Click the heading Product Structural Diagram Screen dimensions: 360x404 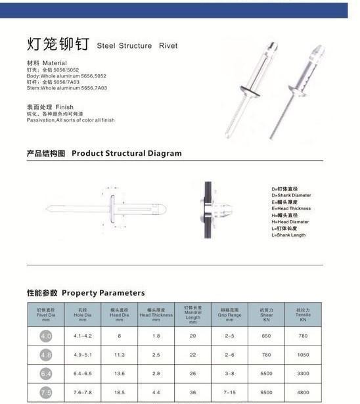(x=126, y=153)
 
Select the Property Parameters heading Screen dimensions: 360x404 (x=103, y=292)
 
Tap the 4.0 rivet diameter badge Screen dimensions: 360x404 (x=46, y=336)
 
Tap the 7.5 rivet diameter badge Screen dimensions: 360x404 (x=46, y=393)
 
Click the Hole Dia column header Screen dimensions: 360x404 (x=83, y=313)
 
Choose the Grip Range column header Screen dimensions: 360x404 (x=230, y=313)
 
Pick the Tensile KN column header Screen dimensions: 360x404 (x=303, y=313)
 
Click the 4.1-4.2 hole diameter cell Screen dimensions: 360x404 (x=83, y=336)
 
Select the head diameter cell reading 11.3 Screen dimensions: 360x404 (x=120, y=355)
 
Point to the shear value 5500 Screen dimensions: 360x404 (x=266, y=374)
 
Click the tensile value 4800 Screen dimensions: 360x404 (x=303, y=393)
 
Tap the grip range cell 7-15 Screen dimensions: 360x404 (x=230, y=393)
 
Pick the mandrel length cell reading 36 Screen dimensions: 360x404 (x=192, y=393)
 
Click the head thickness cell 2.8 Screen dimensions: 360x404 (x=156, y=374)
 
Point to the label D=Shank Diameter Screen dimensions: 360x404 (x=291, y=195)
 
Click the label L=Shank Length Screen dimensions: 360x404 (x=288, y=235)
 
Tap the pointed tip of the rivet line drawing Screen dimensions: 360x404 (x=48, y=210)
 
